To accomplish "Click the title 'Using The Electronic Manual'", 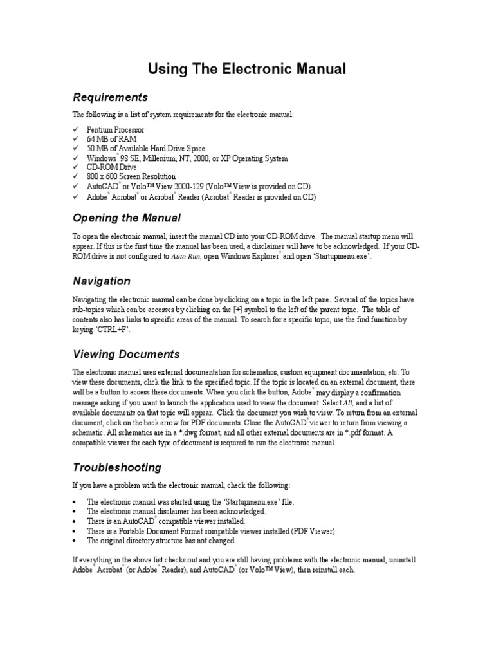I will pos(248,68).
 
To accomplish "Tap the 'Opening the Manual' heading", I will pos(126,218).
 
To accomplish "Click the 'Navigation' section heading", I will pos(101,281).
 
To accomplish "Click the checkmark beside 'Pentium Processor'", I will pos(75,130).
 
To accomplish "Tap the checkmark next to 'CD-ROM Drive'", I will pos(75,167).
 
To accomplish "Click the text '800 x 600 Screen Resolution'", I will pos(131,176).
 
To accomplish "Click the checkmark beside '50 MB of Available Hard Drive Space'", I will pos(75,149).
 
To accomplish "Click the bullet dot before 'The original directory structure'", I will pos(75,540).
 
